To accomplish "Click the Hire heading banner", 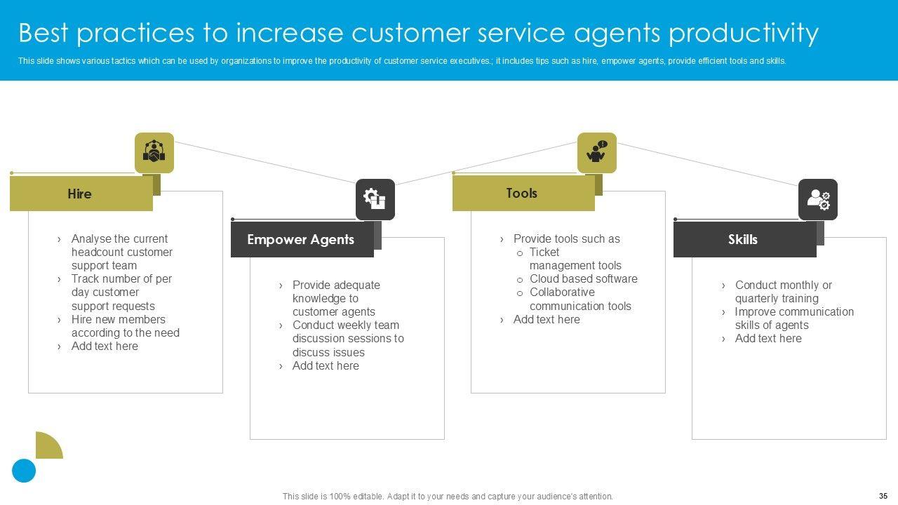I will pyautogui.click(x=80, y=194).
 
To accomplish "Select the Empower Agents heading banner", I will pyautogui.click(x=301, y=240).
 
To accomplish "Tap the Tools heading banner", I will pyautogui.click(x=522, y=194).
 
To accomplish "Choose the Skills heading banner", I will pyautogui.click(x=743, y=240).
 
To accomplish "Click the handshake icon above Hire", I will pyautogui.click(x=154, y=152).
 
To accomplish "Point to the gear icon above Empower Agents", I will pyautogui.click(x=375, y=199).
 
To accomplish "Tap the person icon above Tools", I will pyautogui.click(x=597, y=152).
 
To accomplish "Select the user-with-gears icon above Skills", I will pyautogui.click(x=818, y=199).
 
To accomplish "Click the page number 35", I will pyautogui.click(x=883, y=496).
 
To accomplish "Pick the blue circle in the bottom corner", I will pyautogui.click(x=24, y=471).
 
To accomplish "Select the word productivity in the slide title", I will pyautogui.click(x=743, y=33).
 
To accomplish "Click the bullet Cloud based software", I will pyautogui.click(x=583, y=279).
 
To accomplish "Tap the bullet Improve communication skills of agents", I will pyautogui.click(x=793, y=318).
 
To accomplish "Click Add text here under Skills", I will pyautogui.click(x=768, y=339).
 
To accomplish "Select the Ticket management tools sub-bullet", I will pyautogui.click(x=575, y=259).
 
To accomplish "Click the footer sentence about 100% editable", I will pyautogui.click(x=448, y=497).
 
